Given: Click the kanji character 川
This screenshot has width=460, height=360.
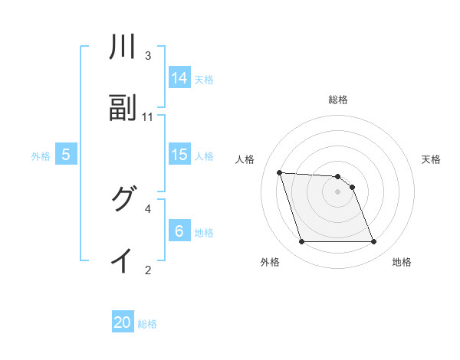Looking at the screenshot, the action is point(123,47).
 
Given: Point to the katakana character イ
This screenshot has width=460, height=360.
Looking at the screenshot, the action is point(123,260).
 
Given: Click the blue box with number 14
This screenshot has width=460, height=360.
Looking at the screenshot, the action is point(179,77).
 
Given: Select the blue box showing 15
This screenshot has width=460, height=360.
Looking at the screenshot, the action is point(179,154).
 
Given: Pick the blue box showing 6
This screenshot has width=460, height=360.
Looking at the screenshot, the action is point(179,231).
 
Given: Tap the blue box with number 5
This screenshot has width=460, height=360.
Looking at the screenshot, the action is point(66,154).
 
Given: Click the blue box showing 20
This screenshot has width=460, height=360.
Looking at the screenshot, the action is point(123,322).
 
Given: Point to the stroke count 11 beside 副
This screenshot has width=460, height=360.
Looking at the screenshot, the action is point(148,116).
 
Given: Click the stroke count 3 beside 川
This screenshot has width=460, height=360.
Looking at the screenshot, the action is point(148,56).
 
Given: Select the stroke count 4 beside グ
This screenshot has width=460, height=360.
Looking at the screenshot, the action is point(148,208).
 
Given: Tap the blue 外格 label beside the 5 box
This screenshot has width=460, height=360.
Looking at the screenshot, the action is point(41,155).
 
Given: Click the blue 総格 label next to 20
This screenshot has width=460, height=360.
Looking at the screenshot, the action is point(147,324).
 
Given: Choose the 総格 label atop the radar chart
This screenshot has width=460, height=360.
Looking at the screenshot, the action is point(338,100).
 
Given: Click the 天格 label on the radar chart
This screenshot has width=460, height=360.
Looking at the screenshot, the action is point(431,159).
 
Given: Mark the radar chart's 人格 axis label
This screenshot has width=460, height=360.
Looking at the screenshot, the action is point(246,159).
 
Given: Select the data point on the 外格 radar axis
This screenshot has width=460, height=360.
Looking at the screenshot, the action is point(301,242).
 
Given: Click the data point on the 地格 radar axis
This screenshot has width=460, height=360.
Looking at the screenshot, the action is point(374,242).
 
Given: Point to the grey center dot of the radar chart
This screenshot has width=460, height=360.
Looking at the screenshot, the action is point(338,191).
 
